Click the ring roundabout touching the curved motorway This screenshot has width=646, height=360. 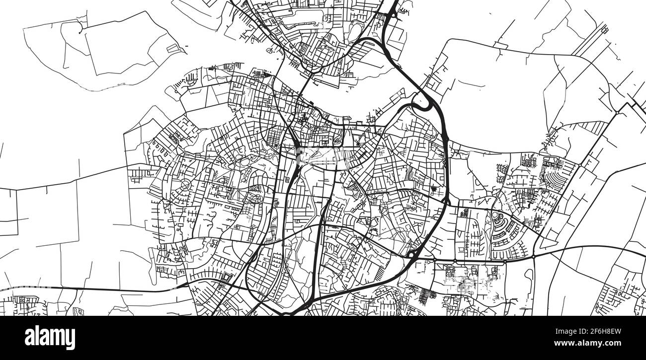tap(411, 255)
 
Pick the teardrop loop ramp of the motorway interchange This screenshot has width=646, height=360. tap(420, 102)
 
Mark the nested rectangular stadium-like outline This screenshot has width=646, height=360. tap(227, 277)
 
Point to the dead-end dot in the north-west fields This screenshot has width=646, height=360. tap(79, 33)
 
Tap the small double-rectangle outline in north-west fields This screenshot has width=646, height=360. tap(172, 48)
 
